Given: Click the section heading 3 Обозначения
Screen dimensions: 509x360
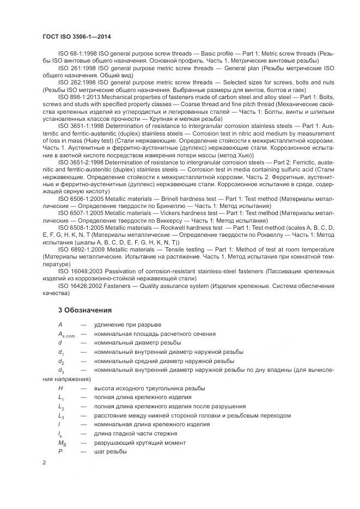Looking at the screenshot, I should click(x=84, y=310).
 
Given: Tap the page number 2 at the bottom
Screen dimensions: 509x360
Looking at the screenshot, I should click(x=44, y=463).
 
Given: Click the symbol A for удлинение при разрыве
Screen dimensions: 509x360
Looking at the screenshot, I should click(x=60, y=325).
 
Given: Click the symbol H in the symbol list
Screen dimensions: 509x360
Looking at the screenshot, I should click(x=60, y=388).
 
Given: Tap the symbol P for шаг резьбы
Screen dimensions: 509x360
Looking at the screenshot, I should click(x=60, y=452).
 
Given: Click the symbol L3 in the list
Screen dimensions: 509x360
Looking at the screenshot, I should click(x=61, y=416).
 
